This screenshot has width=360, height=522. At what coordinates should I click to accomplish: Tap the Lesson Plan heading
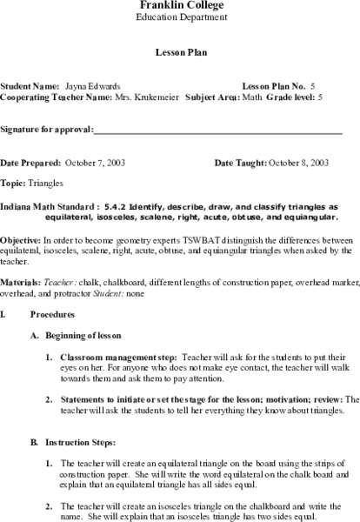[x=180, y=51]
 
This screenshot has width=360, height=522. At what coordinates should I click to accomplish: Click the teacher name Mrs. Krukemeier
[x=147, y=98]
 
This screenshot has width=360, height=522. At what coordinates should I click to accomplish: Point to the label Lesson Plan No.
[x=269, y=88]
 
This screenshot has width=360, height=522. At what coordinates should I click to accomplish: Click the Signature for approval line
[x=217, y=131]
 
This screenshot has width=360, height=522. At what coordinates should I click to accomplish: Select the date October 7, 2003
[x=95, y=164]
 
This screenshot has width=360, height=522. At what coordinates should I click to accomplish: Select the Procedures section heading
[x=50, y=313]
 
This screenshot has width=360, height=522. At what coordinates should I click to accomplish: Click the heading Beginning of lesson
[x=87, y=335]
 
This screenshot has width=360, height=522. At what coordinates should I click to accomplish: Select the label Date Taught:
[x=239, y=164]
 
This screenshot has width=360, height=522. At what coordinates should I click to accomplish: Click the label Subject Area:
[x=212, y=98]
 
